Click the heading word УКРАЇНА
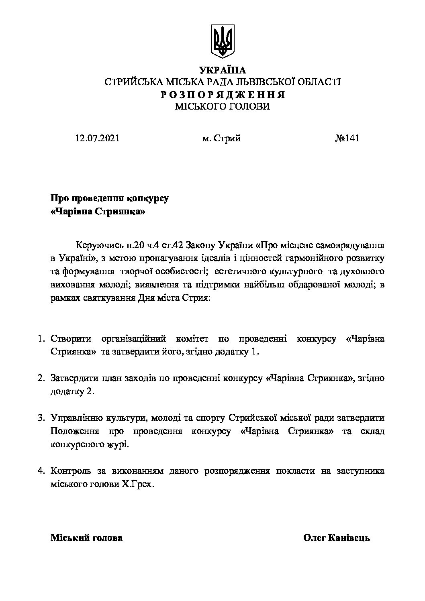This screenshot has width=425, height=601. coord(222,71)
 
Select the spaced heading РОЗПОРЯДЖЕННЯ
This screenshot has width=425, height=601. coord(222,95)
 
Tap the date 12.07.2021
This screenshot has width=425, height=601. coord(97,139)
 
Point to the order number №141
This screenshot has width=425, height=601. coord(347,139)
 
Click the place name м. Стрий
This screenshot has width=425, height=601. coord(222,139)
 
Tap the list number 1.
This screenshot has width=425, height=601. coord(40,339)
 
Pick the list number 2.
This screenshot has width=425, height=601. coord(40,378)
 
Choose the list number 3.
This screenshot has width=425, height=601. coord(40,418)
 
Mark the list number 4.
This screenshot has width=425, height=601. coord(40,471)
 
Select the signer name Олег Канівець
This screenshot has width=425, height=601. coord(337,538)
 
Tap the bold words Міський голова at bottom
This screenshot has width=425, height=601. coord(86,538)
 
